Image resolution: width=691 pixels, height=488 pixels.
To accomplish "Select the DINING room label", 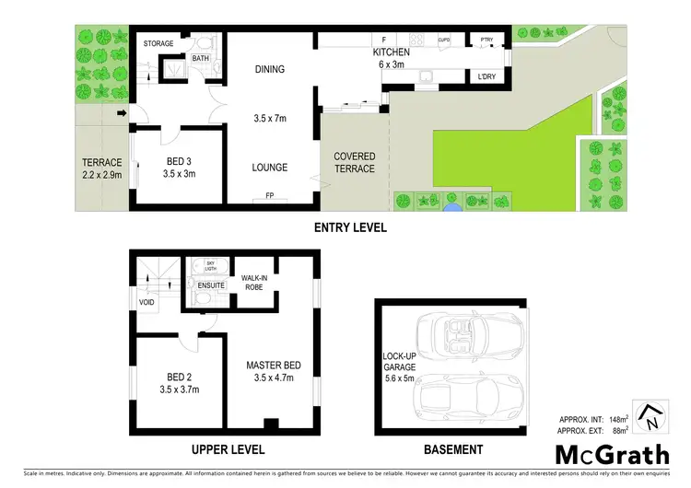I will [x=270, y=69].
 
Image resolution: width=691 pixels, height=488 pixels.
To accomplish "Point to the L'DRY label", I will [x=486, y=76].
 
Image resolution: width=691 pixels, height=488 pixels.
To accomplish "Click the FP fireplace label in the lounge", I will [x=270, y=195].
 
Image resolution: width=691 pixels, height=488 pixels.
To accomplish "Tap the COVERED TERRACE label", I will [x=355, y=163].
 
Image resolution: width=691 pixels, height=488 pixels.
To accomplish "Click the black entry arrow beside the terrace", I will [x=121, y=114].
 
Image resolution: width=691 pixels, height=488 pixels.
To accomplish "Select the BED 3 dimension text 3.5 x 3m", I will [x=181, y=173].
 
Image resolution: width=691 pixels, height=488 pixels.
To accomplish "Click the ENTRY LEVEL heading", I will [x=349, y=227].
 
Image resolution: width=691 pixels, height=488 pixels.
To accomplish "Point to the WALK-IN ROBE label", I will [x=253, y=282].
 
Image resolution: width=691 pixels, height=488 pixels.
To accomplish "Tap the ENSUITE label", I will [x=207, y=285].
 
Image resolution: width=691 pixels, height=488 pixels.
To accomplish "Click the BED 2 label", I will [x=180, y=378].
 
